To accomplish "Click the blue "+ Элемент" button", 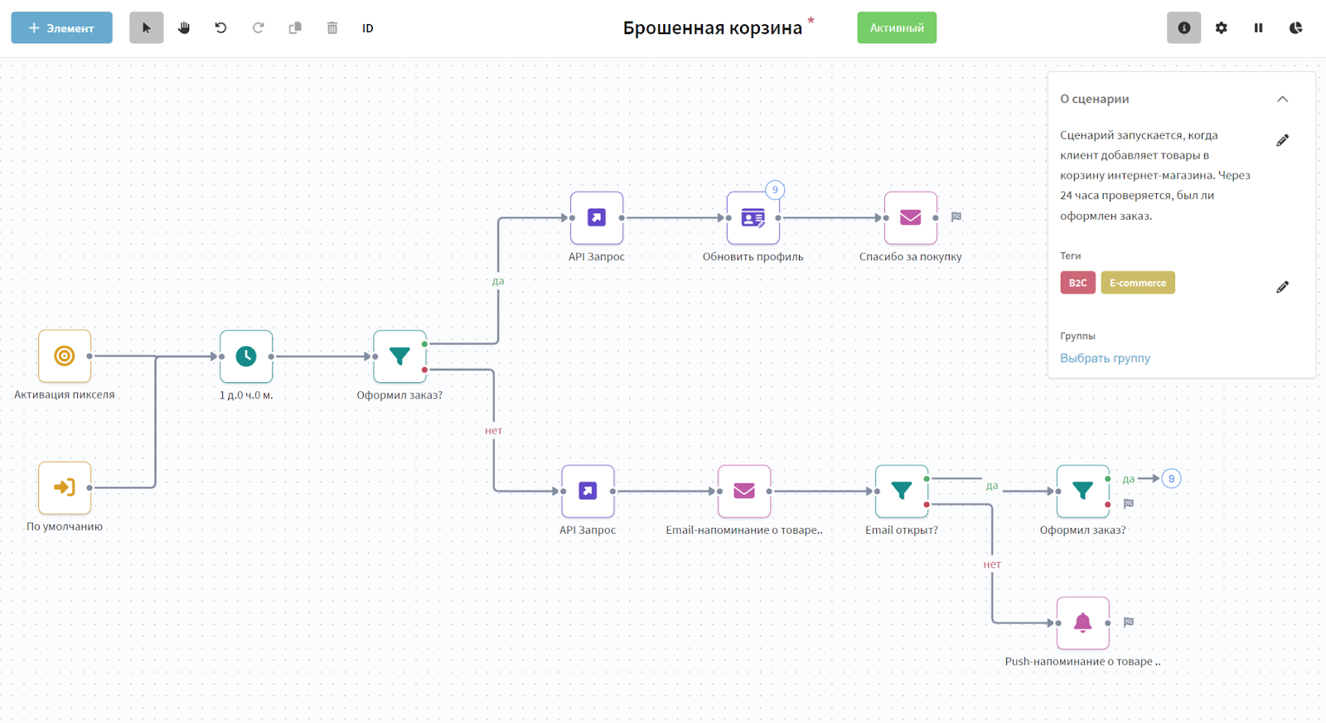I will point(61,28).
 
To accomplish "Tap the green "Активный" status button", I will point(897,28).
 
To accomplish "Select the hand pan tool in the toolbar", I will point(183,28).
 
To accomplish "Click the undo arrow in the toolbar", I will point(220,28).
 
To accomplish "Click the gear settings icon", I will point(1221,28).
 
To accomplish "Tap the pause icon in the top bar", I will point(1258,28).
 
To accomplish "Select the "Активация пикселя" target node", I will point(65,357).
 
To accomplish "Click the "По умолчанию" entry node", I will point(65,488).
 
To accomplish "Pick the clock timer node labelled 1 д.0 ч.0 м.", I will point(246,357).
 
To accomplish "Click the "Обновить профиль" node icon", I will point(753,218).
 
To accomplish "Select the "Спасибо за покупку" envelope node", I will point(910,218).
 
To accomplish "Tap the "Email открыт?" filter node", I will point(901,492).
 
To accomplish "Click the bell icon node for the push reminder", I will point(1082,623).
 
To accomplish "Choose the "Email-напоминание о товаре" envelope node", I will point(744,492).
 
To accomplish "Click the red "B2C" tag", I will point(1077,283).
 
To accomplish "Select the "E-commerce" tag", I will point(1137,283).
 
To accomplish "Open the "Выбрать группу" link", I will point(1105,358).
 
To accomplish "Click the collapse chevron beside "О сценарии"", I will point(1282,99).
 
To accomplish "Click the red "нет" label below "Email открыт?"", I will point(992,565).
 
